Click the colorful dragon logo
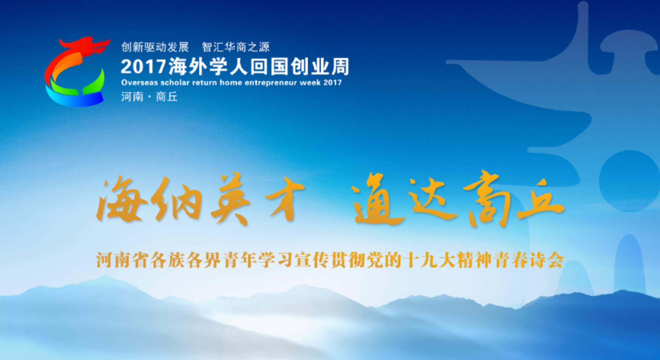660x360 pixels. coord(76,72)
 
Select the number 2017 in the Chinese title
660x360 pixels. coord(143,66)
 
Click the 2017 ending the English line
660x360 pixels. coord(332,83)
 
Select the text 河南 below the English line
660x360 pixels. coord(132,97)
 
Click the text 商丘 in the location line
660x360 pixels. coord(167,97)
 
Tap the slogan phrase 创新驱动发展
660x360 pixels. coord(155,47)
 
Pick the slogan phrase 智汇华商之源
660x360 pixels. coord(236,47)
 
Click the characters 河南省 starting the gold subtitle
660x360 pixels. coord(122,260)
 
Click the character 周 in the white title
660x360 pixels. coord(340,66)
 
